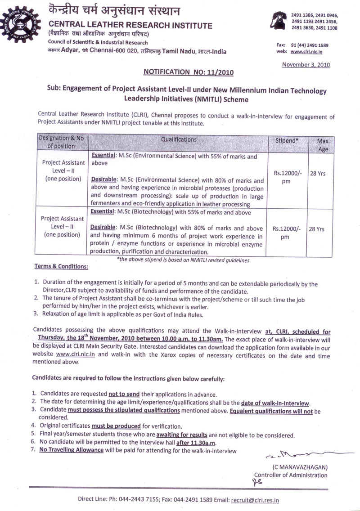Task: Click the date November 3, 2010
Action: coord(306,65)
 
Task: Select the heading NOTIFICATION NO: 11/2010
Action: coord(188,72)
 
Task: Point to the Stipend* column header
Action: coord(287,140)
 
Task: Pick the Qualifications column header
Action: coord(179,140)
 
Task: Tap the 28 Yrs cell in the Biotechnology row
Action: coord(317,229)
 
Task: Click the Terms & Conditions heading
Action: coord(61,267)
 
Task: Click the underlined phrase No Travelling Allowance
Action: coord(71,450)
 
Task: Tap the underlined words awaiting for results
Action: coord(182,435)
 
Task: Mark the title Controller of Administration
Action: coord(291,475)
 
